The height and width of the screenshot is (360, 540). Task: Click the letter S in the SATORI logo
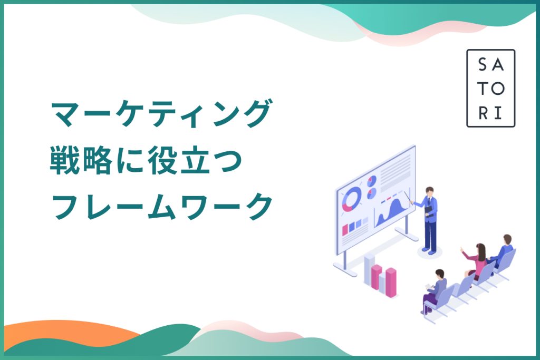(x=483, y=64)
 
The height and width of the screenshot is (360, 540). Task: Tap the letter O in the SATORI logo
(x=498, y=89)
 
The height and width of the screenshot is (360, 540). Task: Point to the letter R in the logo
(x=483, y=113)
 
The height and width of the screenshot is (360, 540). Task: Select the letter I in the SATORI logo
(x=498, y=113)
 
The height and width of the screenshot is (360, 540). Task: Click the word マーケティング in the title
(x=161, y=114)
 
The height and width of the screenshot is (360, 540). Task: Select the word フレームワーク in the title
(x=162, y=207)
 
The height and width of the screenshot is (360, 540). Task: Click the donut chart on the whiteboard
(x=352, y=199)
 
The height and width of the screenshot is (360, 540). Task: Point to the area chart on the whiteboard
(x=392, y=210)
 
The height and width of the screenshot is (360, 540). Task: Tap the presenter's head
(x=429, y=191)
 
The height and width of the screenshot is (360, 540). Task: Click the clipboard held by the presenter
(x=428, y=210)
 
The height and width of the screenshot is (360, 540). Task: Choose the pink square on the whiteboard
(x=345, y=230)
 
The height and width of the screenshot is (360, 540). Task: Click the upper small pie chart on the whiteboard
(x=372, y=181)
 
